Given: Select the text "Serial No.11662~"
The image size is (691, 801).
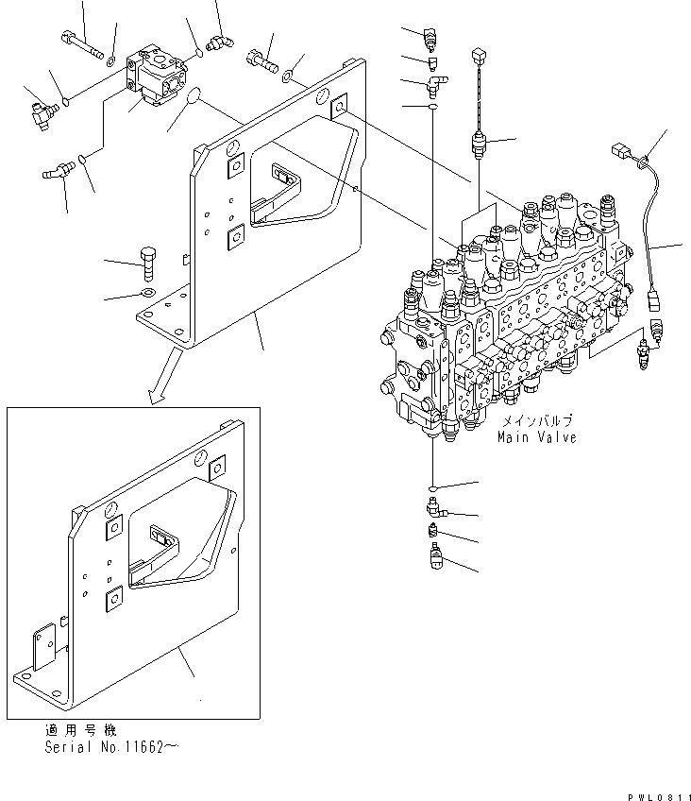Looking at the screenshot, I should tap(110, 746).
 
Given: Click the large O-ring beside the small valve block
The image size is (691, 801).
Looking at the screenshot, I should tap(193, 97).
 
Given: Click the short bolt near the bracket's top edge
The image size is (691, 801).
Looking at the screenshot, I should tap(261, 65).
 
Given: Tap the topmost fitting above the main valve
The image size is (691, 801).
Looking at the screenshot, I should tap(431, 37).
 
